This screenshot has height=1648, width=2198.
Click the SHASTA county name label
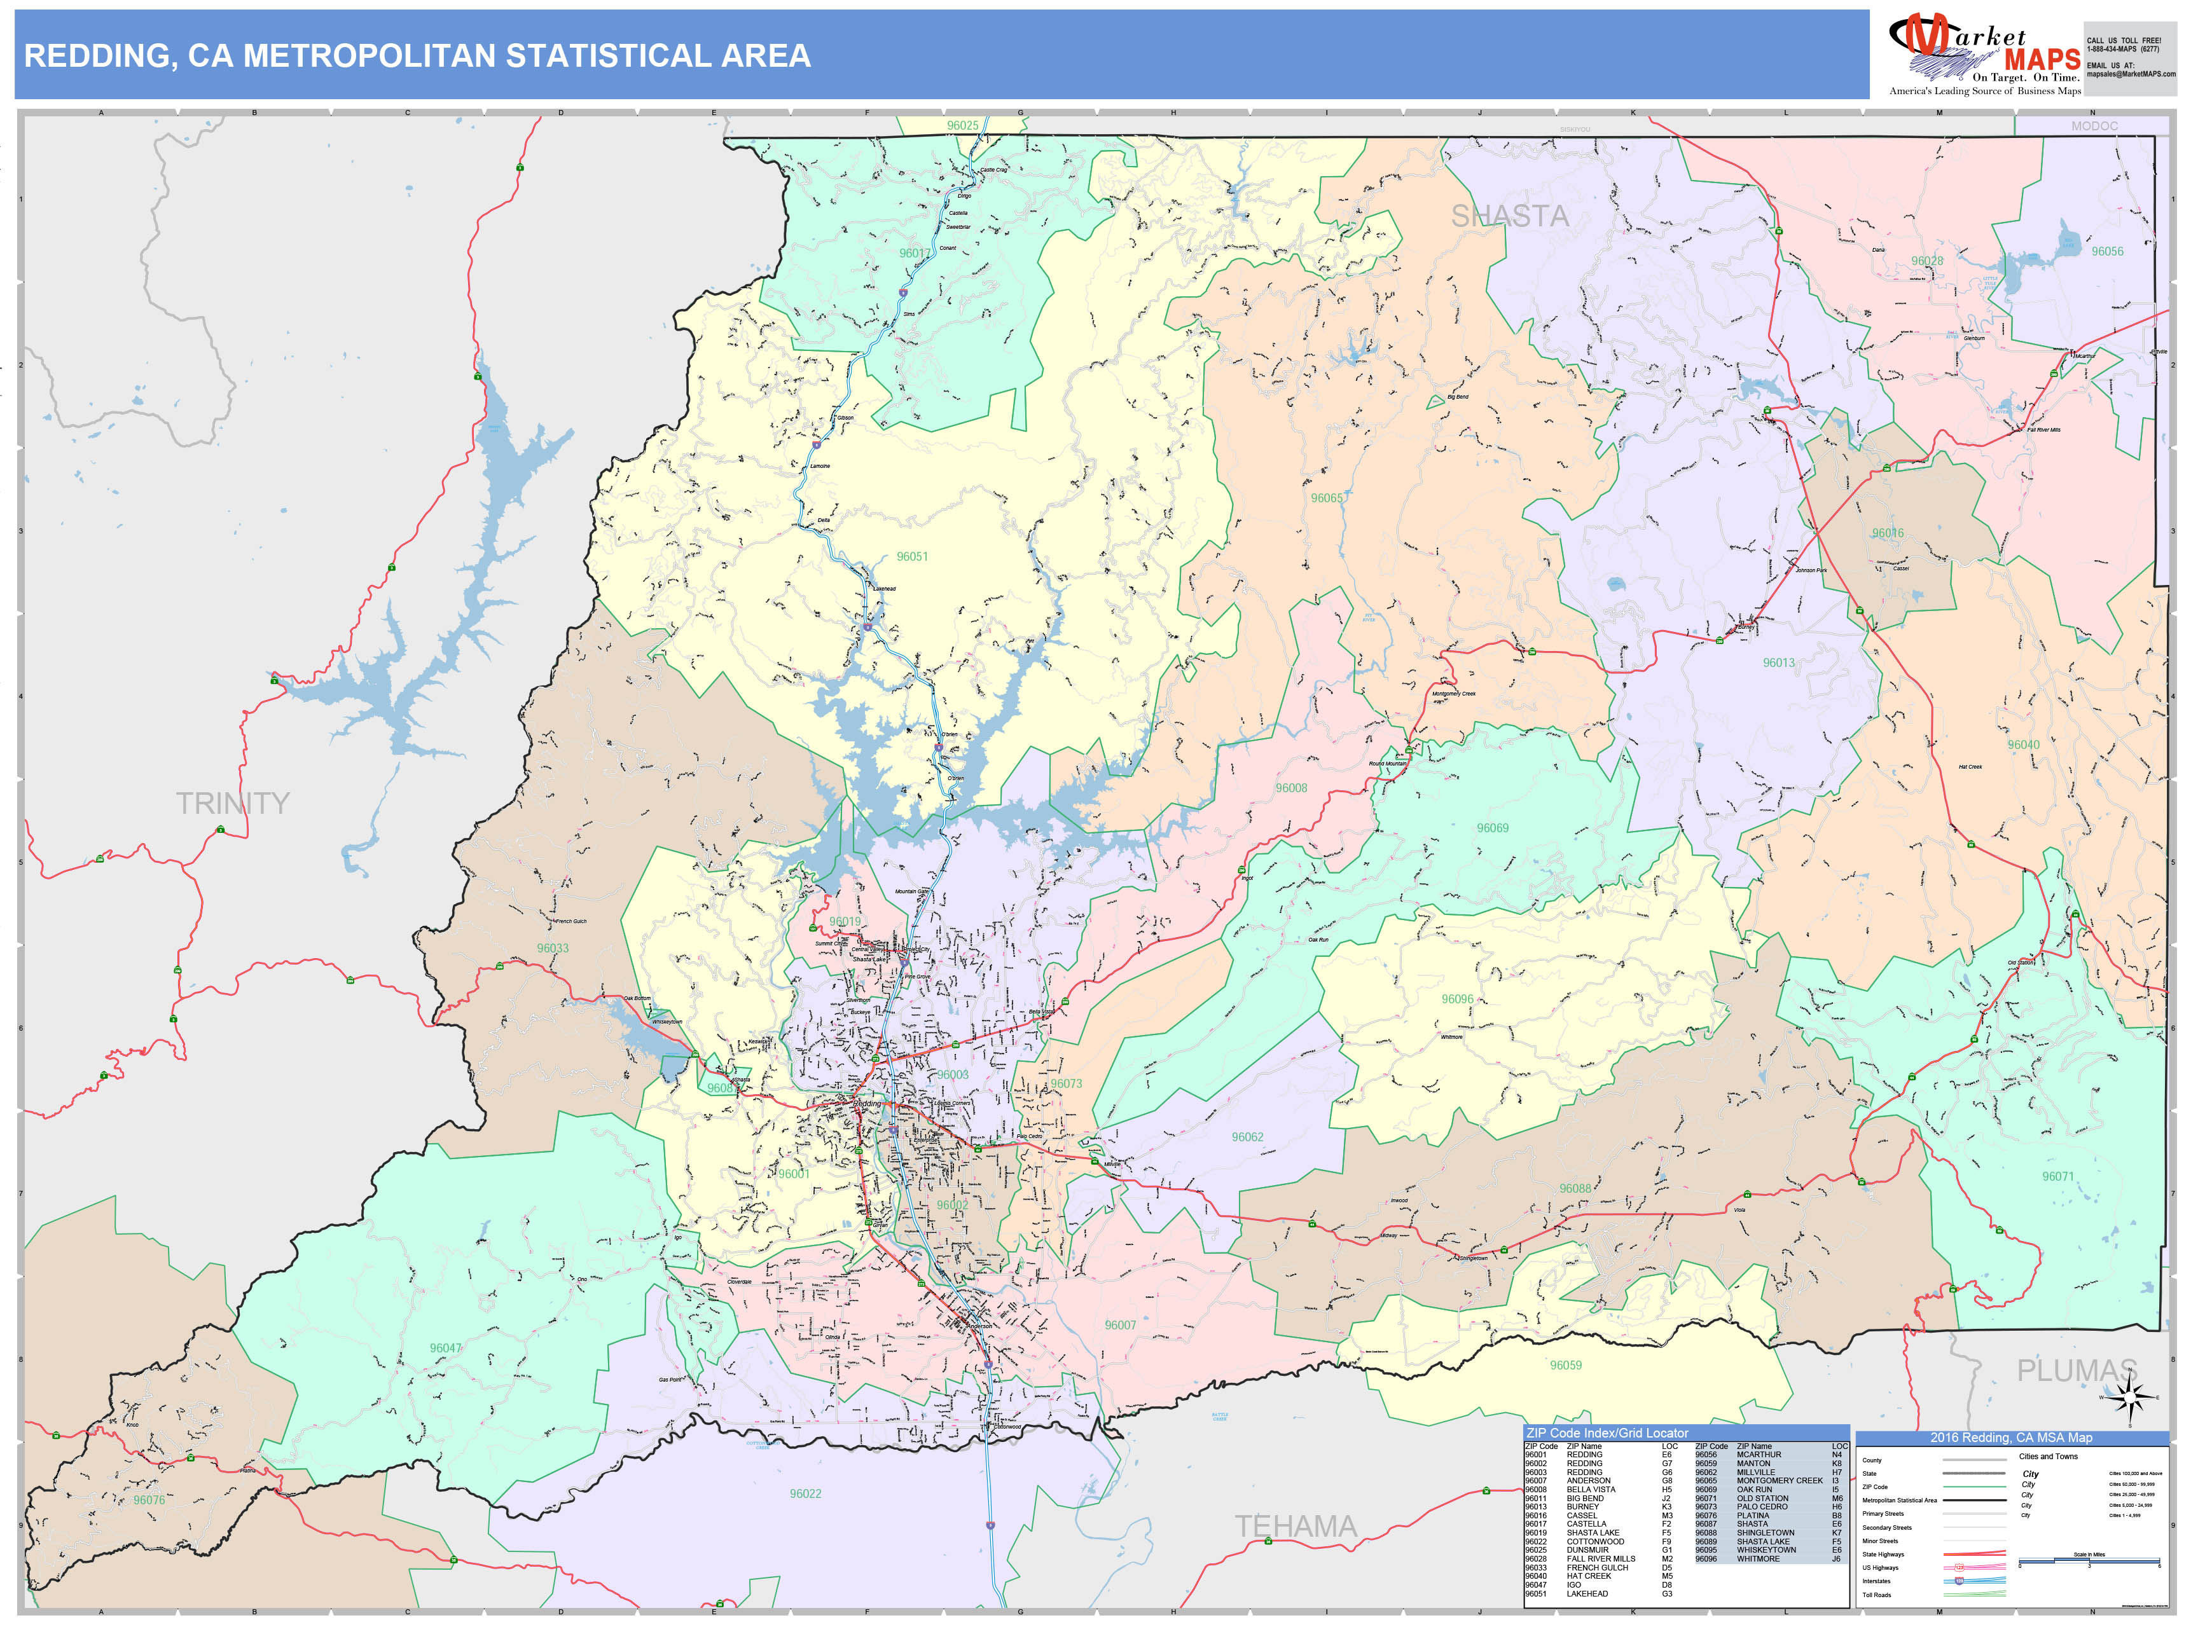[1509, 217]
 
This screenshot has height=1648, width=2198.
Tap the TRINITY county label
[233, 802]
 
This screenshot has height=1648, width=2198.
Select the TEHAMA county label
[1295, 1527]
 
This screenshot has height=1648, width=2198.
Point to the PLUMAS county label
[2075, 1371]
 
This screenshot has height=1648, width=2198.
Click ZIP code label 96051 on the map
[912, 557]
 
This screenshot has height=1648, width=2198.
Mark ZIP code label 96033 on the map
[553, 949]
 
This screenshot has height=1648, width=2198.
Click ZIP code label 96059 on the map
[1565, 1366]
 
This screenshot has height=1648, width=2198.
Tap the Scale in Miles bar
[2089, 1563]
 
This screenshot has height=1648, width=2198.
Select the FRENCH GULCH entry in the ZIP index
[1597, 1567]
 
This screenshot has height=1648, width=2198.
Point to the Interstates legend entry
[1876, 1581]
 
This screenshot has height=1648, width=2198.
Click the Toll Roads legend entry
[1876, 1595]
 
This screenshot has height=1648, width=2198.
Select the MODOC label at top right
[2094, 126]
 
